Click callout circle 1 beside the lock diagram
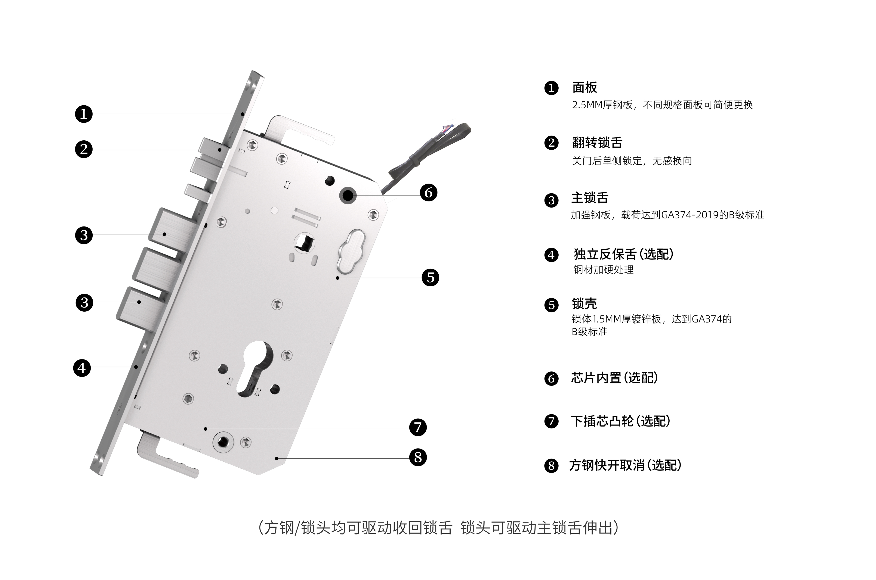tap(84, 114)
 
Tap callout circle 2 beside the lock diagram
tap(84, 149)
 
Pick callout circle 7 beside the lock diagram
tap(418, 427)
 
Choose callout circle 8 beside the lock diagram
tap(418, 457)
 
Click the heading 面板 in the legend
tap(584, 88)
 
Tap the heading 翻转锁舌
tap(597, 142)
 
